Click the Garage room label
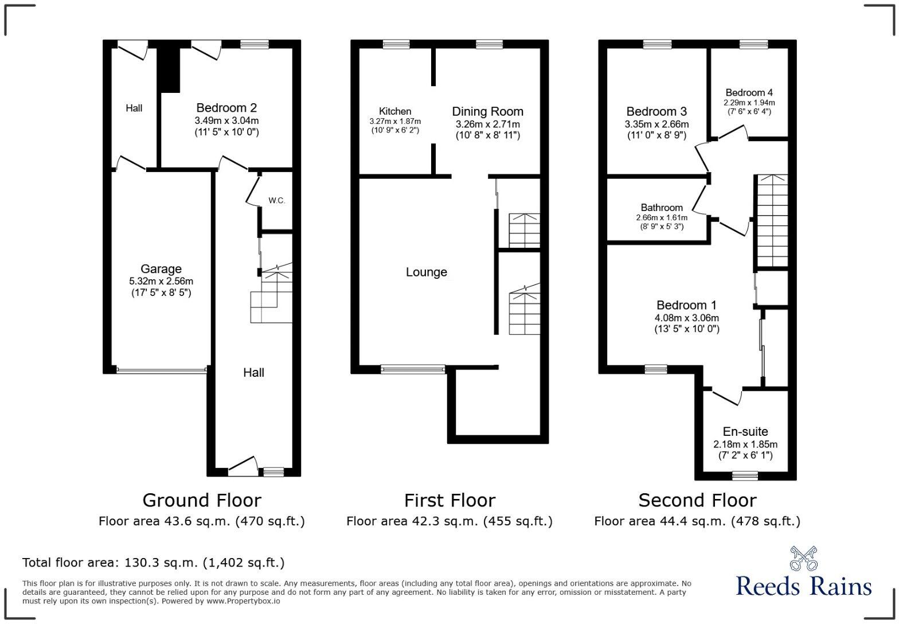pos(161,269)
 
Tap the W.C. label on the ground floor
pos(276,201)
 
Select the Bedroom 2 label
pos(226,108)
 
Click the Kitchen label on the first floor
pos(394,111)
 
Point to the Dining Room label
pos(487,111)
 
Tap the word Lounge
pos(426,272)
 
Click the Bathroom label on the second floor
pos(662,208)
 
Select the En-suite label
pos(745,431)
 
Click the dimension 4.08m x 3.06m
pos(686,318)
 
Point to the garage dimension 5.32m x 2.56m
pos(161,281)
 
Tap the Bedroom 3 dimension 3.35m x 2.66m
pos(656,124)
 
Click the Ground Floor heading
pos(201,500)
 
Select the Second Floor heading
pos(697,500)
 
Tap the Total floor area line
pos(153,562)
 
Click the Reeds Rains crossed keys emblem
pos(803,559)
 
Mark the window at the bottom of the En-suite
pos(745,474)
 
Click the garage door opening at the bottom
pos(161,371)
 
